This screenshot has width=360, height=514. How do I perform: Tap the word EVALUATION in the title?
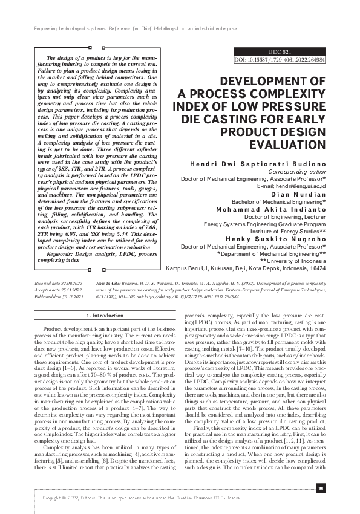pyautogui.click(x=287, y=145)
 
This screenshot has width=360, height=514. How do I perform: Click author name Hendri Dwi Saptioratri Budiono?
pyautogui.click(x=258, y=164)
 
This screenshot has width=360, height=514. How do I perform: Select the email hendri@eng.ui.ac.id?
pyautogui.click(x=291, y=186)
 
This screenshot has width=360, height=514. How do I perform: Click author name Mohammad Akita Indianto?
pyautogui.click(x=271, y=209)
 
